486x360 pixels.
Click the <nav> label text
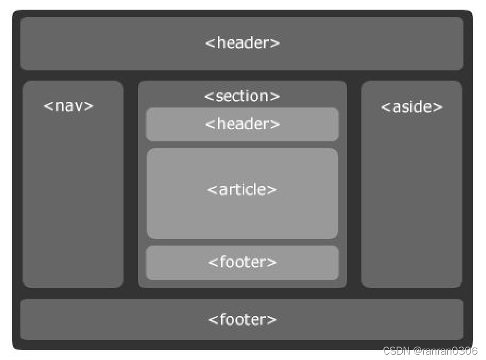pyautogui.click(x=69, y=106)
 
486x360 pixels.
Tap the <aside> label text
pyautogui.click(x=411, y=107)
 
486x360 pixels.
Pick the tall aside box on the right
pyautogui.click(x=411, y=204)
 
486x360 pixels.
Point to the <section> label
pyautogui.click(x=242, y=96)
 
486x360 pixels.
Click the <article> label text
pyautogui.click(x=242, y=190)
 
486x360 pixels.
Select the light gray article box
pyautogui.click(x=242, y=215)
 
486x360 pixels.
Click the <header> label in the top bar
pyautogui.click(x=242, y=43)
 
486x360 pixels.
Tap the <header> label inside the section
pyautogui.click(x=242, y=124)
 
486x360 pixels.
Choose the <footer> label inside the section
pyautogui.click(x=242, y=262)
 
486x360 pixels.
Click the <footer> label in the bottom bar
pyautogui.click(x=242, y=320)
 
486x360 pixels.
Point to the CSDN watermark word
pyautogui.click(x=397, y=351)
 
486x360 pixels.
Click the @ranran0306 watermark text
pyautogui.click(x=445, y=351)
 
